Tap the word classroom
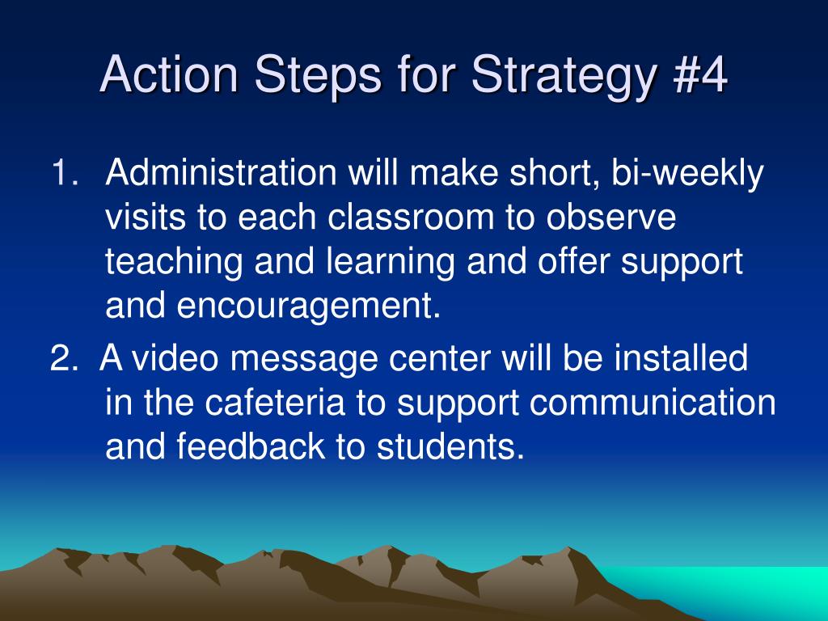click(411, 217)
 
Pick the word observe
click(611, 217)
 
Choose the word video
click(175, 357)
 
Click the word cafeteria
click(275, 402)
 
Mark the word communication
click(653, 402)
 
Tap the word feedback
click(251, 446)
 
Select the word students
click(450, 446)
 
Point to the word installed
click(681, 357)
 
